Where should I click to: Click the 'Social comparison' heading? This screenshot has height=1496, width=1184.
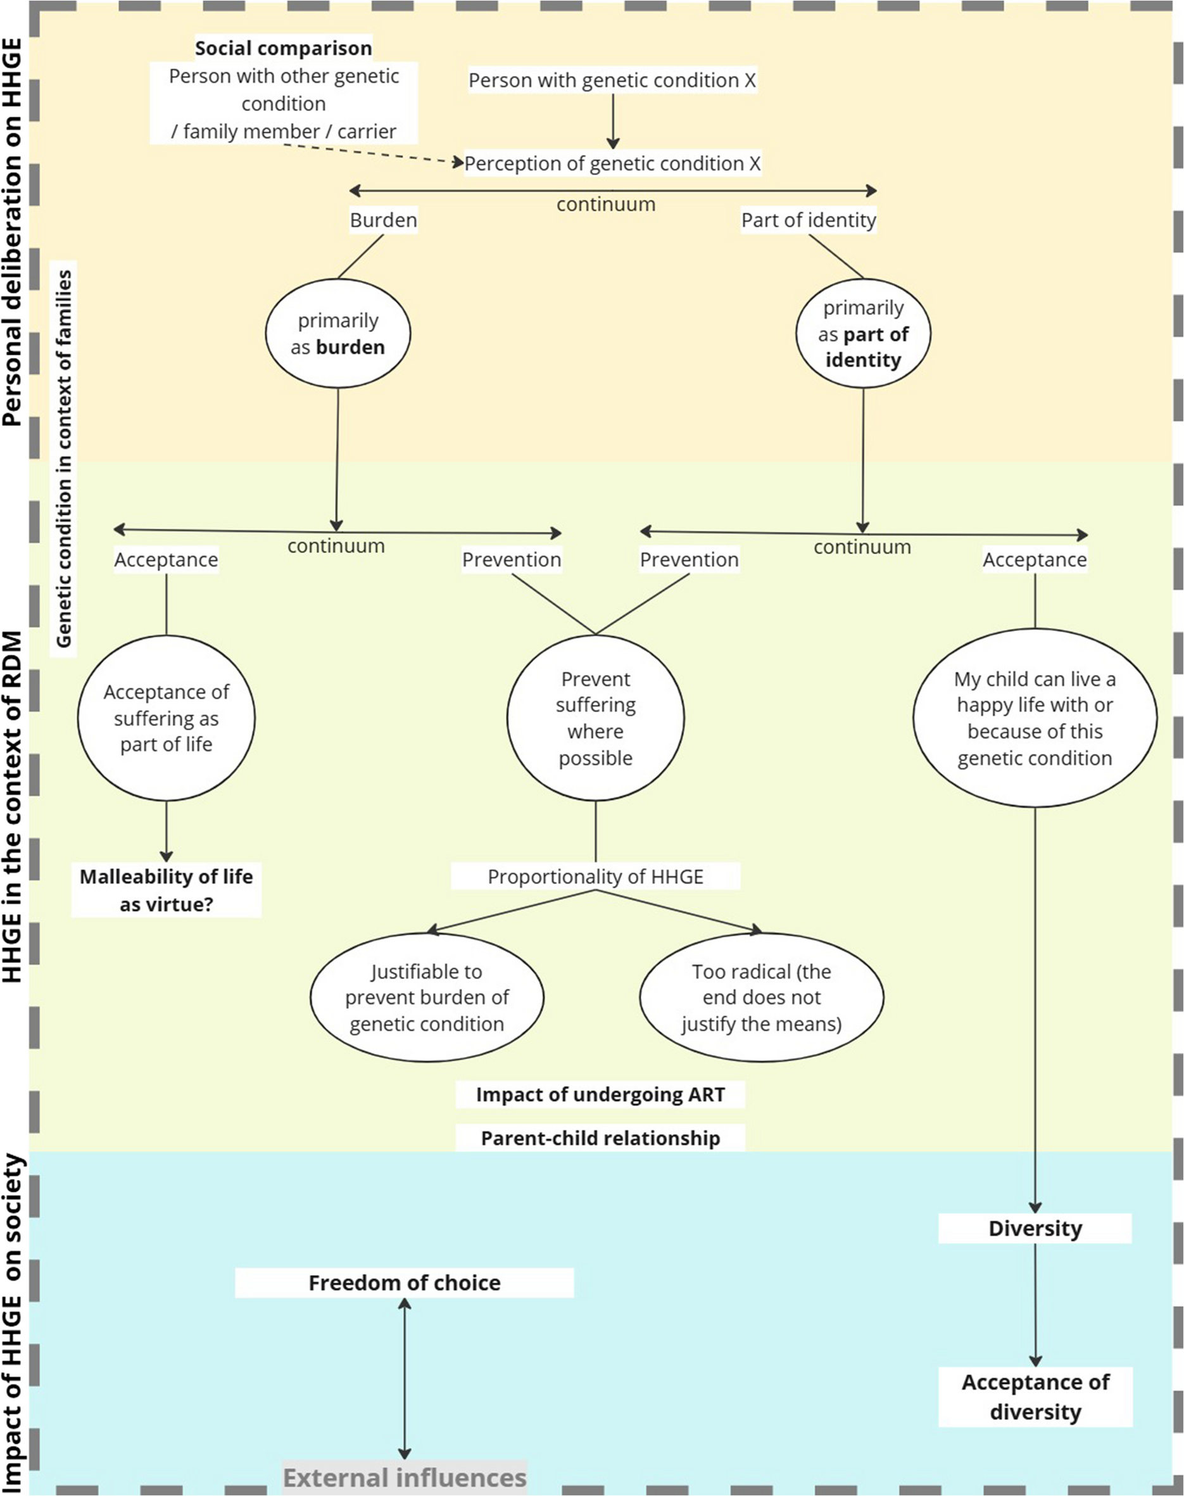point(283,49)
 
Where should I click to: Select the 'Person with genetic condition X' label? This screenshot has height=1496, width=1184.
point(612,80)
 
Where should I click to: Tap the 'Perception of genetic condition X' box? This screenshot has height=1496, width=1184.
point(612,163)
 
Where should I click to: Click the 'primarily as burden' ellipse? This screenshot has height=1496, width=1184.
point(337,333)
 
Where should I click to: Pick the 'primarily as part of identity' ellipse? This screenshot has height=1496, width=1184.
point(863,333)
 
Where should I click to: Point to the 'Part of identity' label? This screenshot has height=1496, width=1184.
point(809,220)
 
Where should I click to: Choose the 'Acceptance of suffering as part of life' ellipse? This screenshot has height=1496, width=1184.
point(167,718)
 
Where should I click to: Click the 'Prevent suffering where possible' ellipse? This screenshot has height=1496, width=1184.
point(595,718)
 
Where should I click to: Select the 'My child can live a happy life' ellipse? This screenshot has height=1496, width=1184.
point(1035,718)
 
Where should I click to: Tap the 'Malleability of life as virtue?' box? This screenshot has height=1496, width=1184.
point(167,890)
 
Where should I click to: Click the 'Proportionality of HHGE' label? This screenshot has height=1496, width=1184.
point(595,877)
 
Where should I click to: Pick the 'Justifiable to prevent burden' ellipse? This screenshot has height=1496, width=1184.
point(427,998)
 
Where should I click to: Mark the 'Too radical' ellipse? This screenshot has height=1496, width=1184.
point(761,998)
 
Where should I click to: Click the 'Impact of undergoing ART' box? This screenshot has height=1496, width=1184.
point(600,1094)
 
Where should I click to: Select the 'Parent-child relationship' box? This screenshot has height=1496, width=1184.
point(600,1138)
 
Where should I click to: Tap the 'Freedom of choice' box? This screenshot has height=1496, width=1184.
point(404,1283)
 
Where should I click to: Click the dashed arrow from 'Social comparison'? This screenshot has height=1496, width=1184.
point(374,154)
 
